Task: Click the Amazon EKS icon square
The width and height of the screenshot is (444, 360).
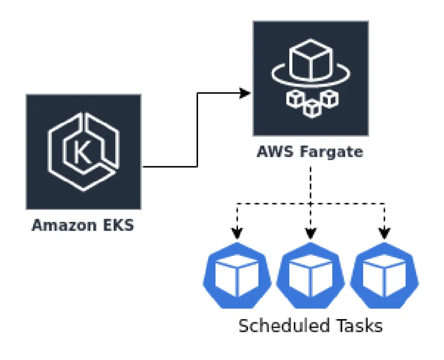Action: coord(83,151)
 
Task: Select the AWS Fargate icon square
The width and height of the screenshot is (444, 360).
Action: coord(310,78)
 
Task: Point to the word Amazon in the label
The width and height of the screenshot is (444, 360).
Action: coord(63,225)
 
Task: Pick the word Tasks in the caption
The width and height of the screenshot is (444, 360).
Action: coord(358,325)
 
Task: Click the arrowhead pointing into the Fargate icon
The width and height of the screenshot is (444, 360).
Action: coord(245,93)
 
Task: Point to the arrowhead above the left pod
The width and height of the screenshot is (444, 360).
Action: coord(237,233)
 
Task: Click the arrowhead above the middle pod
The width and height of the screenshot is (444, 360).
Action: coord(310,233)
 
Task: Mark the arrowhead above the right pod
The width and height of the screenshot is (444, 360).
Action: coord(385,233)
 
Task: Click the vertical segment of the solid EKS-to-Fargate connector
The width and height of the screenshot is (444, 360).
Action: coord(197,130)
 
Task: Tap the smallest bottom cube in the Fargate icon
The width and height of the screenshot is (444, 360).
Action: coord(310,109)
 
